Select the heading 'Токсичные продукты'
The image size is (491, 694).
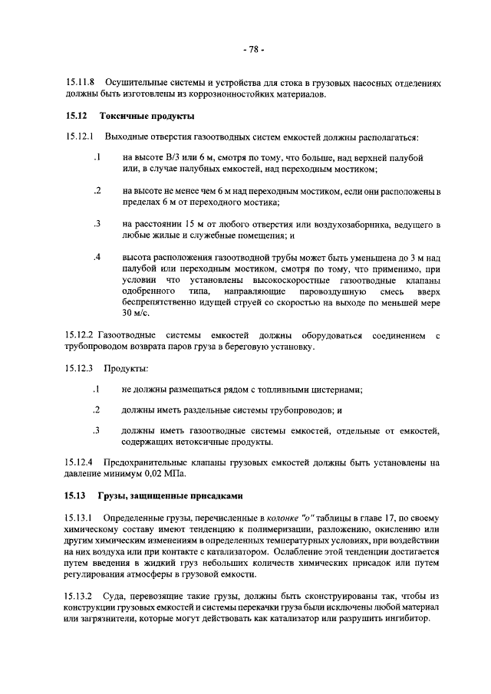coord(147,117)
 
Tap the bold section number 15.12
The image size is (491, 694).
coord(77,117)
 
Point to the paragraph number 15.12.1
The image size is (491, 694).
coord(79,137)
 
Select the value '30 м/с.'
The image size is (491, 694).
coord(135,314)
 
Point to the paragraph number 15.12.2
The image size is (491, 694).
coord(79,336)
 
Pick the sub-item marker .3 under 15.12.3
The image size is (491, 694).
coord(97,430)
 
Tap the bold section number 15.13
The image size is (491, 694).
coord(77,495)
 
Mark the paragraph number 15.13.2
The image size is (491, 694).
coord(79,597)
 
